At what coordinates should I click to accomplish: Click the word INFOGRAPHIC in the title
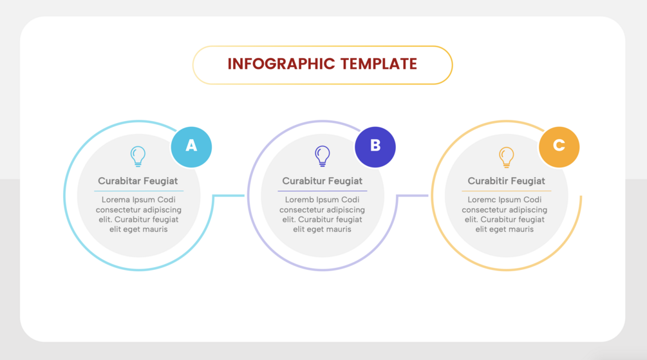tap(281, 64)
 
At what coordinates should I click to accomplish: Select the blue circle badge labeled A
tap(191, 146)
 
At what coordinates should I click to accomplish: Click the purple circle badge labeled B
tap(375, 146)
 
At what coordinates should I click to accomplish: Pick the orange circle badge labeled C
tap(559, 146)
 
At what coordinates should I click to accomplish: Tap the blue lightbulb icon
tap(138, 156)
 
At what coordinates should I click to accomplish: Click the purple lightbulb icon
tap(323, 156)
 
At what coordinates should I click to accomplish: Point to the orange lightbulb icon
tap(507, 156)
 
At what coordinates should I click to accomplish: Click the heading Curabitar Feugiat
tap(138, 181)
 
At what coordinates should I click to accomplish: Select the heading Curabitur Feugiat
tap(322, 181)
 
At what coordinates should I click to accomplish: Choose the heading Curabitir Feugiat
tap(506, 181)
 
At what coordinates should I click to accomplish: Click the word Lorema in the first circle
tap(116, 200)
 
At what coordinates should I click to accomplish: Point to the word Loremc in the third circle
tap(482, 200)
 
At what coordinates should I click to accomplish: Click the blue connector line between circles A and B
tap(229, 195)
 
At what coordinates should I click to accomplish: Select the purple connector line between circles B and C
tap(413, 195)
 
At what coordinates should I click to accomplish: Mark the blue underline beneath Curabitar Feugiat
tap(138, 191)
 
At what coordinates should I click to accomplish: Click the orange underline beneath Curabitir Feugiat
tap(506, 191)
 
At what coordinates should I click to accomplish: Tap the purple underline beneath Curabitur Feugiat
tap(322, 191)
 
